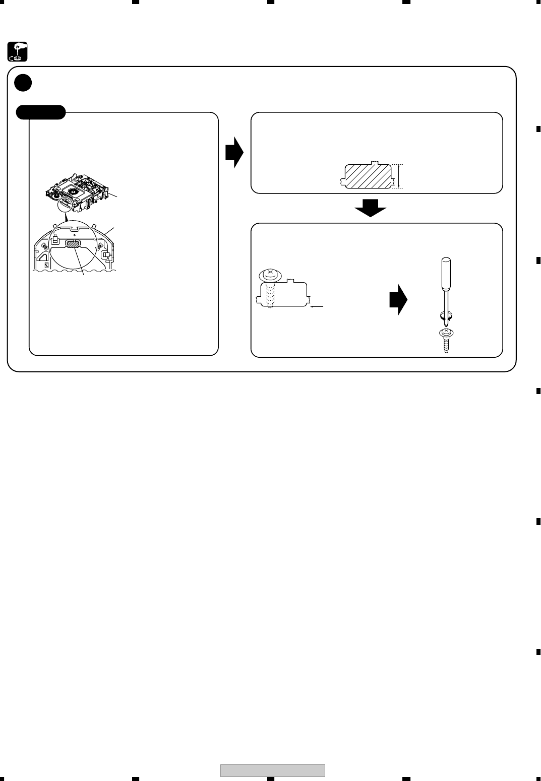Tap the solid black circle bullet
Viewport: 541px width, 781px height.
click(x=23, y=83)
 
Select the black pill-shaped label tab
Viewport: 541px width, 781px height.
click(x=41, y=112)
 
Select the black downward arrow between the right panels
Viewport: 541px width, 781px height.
click(x=370, y=207)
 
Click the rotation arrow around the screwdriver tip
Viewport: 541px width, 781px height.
click(x=446, y=316)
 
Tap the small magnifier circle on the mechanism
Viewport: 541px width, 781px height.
click(x=65, y=204)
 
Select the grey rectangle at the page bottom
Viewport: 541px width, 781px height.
click(x=273, y=770)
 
